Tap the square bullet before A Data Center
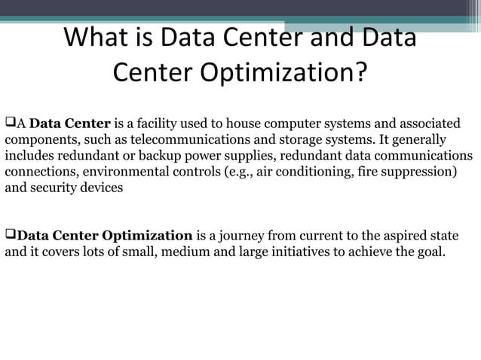[11, 123]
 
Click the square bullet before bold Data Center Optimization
[11, 235]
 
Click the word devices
[103, 188]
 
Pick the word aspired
[395, 236]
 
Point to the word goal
[432, 252]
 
